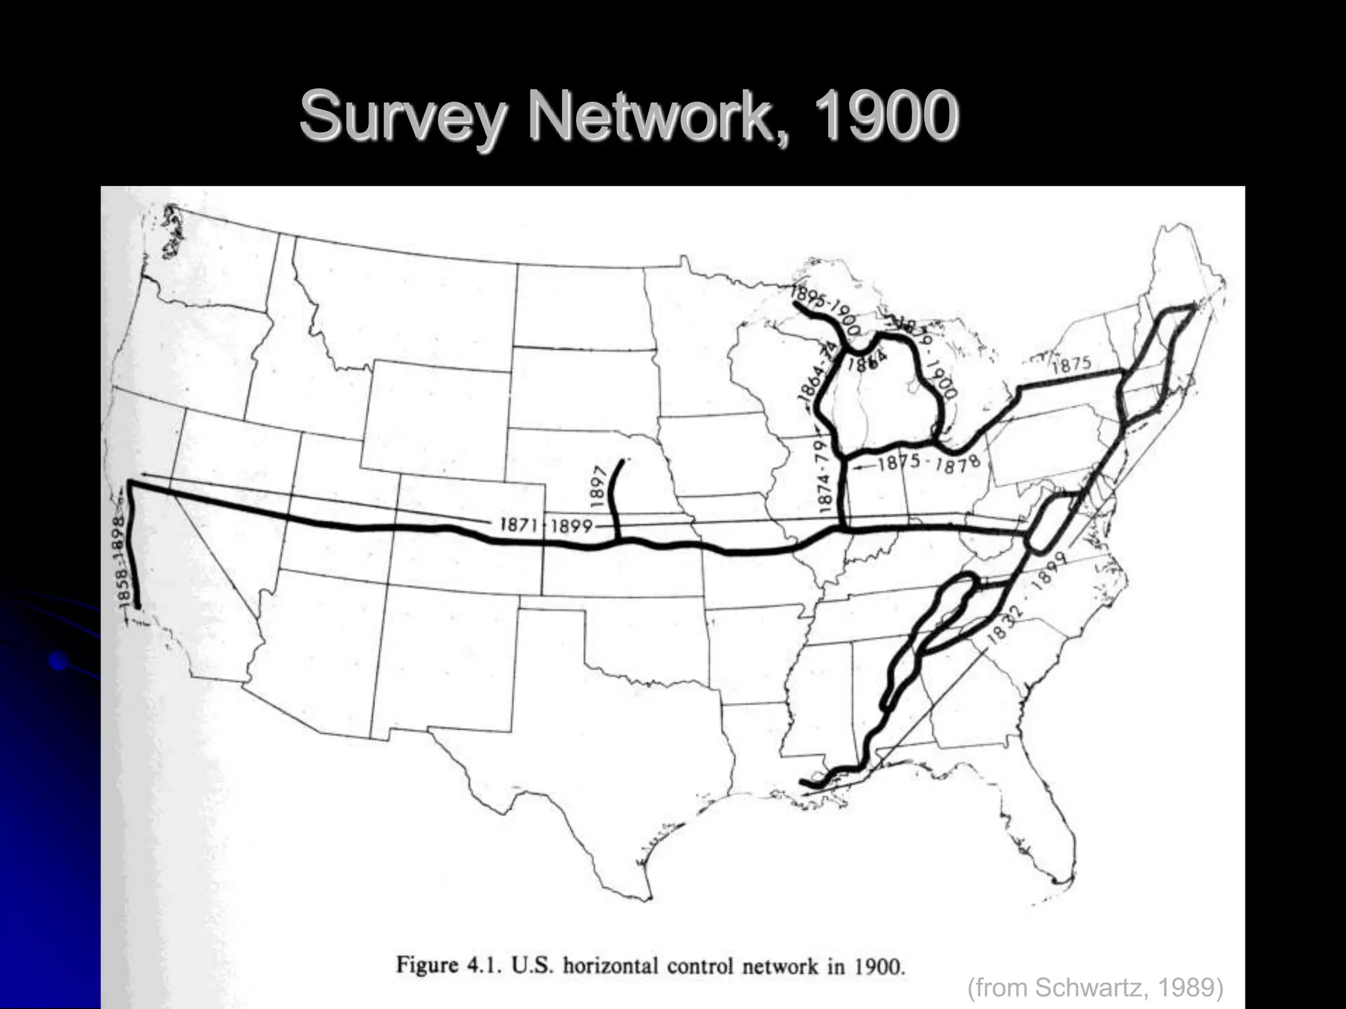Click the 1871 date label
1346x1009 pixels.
(519, 524)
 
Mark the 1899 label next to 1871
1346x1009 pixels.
(571, 526)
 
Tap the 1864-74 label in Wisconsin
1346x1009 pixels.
(815, 376)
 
